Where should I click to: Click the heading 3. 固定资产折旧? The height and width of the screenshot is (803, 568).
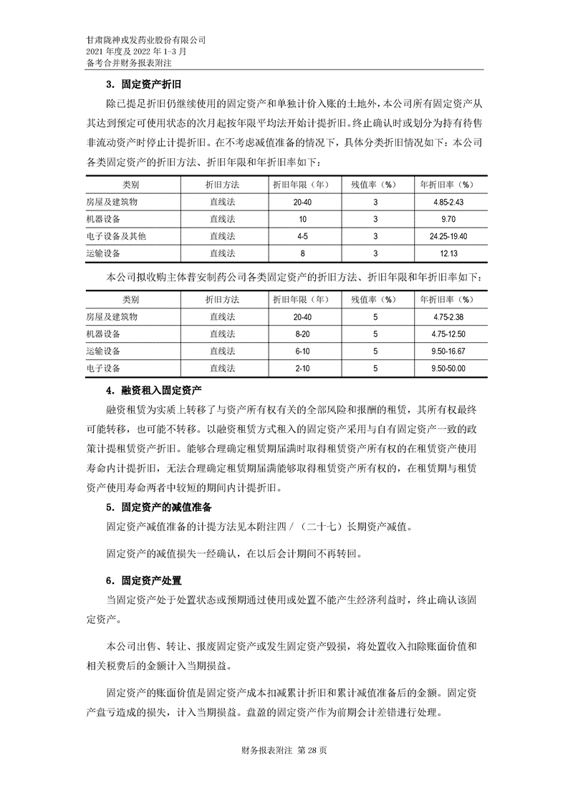140,84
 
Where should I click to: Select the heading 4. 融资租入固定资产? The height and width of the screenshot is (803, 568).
154,390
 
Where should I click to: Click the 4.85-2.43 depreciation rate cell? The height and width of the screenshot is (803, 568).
448,202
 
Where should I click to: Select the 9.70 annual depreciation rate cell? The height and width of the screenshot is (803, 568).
448,219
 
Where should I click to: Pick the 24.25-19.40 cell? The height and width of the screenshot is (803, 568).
448,236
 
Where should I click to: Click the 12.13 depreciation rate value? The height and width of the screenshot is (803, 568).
448,253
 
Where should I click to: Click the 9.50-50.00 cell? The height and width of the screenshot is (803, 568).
448,369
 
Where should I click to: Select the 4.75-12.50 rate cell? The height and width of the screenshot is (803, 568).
448,334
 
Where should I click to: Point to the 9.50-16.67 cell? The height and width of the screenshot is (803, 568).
448,351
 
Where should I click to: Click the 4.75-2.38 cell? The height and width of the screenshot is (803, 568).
448,317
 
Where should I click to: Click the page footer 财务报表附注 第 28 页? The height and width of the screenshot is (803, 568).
284,751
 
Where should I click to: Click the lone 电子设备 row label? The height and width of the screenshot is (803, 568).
103,369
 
